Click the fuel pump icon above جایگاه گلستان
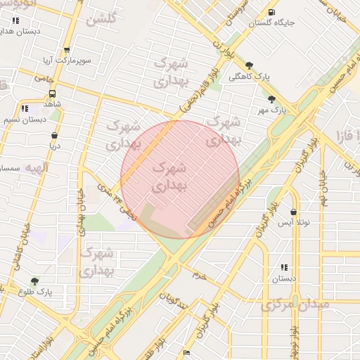(271, 12)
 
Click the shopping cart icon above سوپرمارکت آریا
(67, 50)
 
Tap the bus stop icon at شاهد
(53, 92)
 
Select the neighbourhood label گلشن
(101, 20)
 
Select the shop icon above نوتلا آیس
(292, 212)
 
